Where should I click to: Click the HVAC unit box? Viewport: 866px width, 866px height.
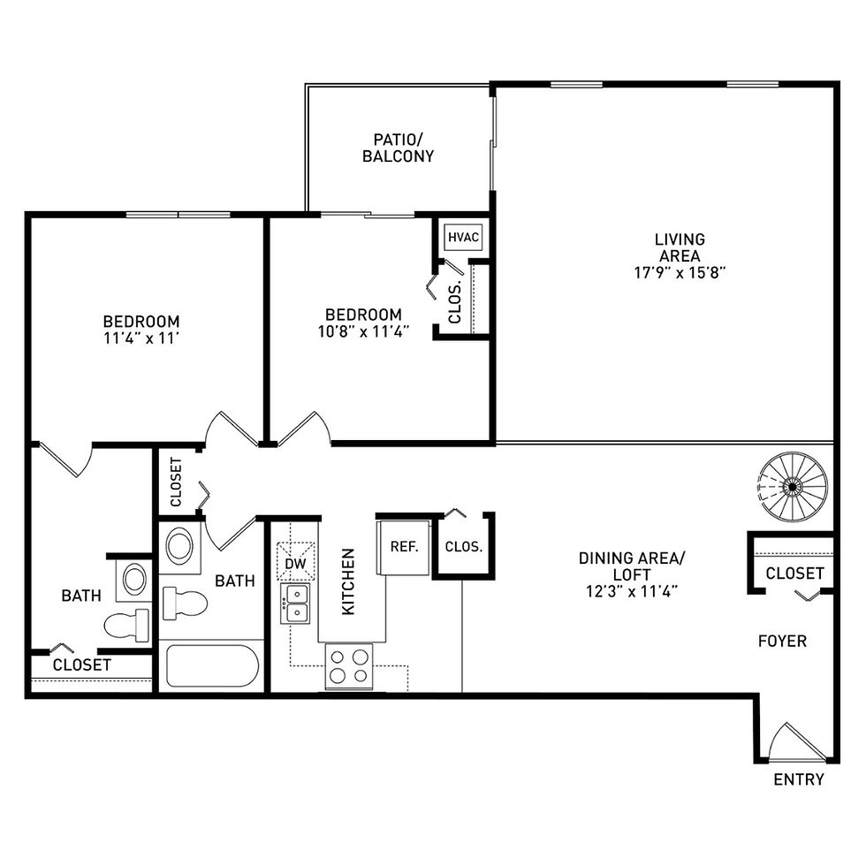[x=463, y=237]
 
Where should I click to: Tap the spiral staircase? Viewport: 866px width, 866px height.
[x=793, y=487]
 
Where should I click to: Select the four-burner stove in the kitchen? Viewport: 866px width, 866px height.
[x=349, y=666]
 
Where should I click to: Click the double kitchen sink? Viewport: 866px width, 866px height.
[x=295, y=603]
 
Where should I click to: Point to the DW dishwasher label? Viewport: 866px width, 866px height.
[x=295, y=564]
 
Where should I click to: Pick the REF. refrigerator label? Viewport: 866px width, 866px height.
[x=405, y=547]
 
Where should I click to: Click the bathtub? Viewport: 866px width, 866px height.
[x=212, y=665]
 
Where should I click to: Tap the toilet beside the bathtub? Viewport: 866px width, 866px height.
[x=185, y=603]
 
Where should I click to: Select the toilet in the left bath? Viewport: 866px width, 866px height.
[x=126, y=626]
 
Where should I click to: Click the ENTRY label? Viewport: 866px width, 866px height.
[x=799, y=779]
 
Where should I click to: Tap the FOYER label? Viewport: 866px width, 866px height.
[x=782, y=642]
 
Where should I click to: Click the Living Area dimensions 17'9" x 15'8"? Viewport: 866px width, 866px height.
[x=680, y=273]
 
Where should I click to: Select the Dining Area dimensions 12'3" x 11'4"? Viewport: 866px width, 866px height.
[x=632, y=591]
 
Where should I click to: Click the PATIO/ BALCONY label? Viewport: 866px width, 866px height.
[x=399, y=148]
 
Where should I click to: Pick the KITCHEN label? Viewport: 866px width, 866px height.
[x=348, y=581]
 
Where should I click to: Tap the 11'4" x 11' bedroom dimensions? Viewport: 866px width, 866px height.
[x=141, y=338]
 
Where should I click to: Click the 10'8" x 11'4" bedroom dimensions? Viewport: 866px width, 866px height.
[x=363, y=331]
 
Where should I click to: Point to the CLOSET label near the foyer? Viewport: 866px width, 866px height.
[x=794, y=574]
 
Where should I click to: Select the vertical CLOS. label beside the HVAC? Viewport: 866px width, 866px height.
[x=454, y=302]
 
